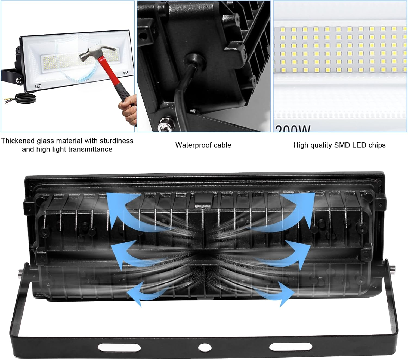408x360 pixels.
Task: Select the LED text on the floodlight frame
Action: point(38,86)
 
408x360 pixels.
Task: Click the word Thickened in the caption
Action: point(18,141)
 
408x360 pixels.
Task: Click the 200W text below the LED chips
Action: point(293,129)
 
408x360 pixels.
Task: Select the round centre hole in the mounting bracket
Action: point(203,347)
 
